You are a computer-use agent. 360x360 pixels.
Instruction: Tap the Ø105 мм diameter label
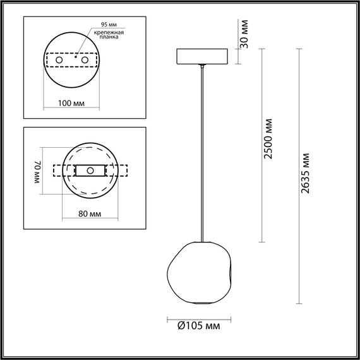[198, 327]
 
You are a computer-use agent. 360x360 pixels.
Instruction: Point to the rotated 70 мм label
[37, 171]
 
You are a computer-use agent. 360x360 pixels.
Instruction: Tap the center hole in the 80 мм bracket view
[90, 171]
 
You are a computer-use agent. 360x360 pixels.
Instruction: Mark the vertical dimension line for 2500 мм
[260, 145]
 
